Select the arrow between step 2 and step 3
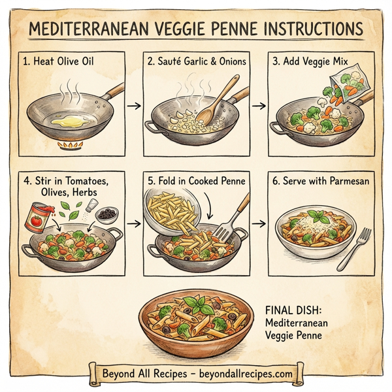tap(259, 105)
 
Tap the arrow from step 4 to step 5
tap(134, 224)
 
